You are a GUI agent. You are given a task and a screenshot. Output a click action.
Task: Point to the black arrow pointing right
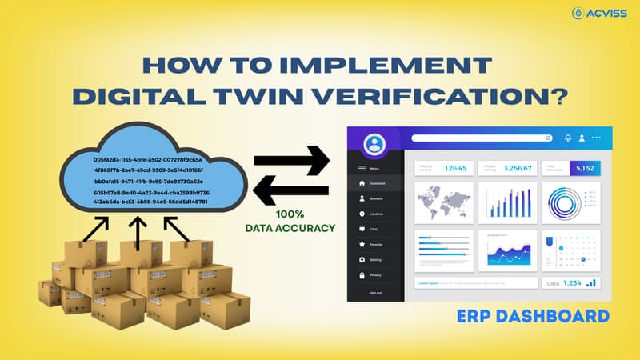(291, 159)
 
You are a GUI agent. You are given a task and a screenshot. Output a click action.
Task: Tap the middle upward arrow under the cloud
(138, 230)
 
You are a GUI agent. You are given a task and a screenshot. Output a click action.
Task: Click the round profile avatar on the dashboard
(374, 145)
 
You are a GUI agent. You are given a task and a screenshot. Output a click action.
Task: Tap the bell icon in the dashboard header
(568, 138)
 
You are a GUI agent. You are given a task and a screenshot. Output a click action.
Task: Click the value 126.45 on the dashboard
(455, 168)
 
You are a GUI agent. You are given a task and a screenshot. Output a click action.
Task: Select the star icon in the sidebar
(362, 244)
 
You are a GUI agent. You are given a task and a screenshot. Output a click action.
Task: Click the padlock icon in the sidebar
(362, 274)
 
